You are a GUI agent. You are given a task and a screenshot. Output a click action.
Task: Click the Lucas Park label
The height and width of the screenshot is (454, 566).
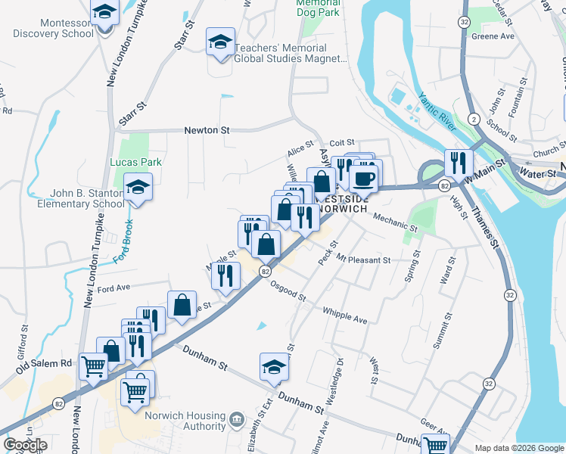(136, 162)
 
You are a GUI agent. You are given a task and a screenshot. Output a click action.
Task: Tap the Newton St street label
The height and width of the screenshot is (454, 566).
(207, 130)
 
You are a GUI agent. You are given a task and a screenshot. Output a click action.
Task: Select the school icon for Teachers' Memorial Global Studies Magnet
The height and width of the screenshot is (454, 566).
(220, 42)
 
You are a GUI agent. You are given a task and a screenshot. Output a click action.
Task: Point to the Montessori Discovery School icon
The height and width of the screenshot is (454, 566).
(104, 12)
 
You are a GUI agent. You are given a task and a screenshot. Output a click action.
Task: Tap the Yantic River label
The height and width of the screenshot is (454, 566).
(437, 113)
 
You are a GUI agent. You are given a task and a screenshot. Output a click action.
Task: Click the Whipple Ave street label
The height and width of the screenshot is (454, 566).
(344, 316)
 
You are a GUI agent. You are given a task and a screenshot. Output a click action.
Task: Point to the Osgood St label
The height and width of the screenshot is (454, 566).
(288, 291)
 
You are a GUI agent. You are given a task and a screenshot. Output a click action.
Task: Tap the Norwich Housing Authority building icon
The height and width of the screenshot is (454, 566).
(237, 418)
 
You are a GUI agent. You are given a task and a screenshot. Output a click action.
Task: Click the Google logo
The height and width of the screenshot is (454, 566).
(26, 445)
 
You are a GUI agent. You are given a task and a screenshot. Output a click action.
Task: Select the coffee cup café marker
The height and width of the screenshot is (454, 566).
(363, 178)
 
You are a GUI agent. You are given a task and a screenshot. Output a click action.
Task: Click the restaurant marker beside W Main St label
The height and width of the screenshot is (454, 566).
(458, 163)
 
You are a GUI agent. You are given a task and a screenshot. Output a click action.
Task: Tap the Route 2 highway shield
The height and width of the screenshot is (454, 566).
(473, 120)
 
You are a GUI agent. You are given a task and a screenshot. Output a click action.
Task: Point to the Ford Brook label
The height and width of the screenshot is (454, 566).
(128, 244)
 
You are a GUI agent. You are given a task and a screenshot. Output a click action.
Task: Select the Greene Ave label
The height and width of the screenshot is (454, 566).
(493, 36)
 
